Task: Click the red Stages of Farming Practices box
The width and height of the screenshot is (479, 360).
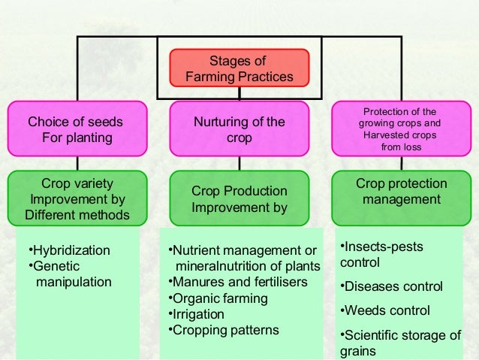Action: click(x=239, y=68)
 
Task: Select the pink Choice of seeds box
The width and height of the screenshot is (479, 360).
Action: click(x=75, y=129)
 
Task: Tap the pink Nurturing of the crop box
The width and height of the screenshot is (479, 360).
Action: click(x=239, y=129)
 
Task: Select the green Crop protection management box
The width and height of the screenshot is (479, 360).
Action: click(x=402, y=192)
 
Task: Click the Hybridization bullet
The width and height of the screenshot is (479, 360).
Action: click(x=68, y=250)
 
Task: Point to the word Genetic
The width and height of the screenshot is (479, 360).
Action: click(x=55, y=266)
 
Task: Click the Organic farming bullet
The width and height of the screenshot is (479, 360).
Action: click(x=215, y=298)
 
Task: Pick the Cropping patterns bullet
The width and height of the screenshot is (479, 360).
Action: click(x=224, y=330)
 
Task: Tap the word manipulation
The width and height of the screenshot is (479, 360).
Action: click(x=74, y=282)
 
